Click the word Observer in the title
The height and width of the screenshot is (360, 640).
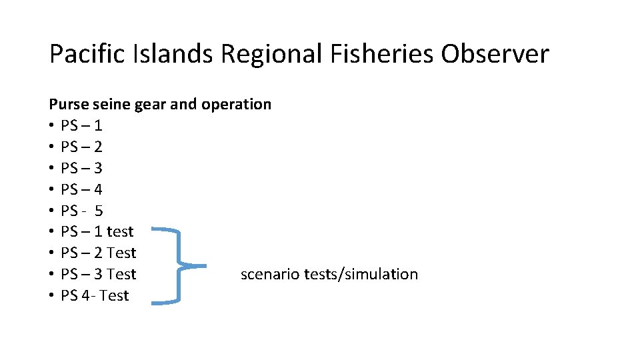pyautogui.click(x=495, y=54)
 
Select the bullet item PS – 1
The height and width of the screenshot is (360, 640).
pyautogui.click(x=81, y=125)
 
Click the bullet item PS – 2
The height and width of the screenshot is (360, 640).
pyautogui.click(x=81, y=147)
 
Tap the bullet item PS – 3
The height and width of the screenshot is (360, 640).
pyautogui.click(x=81, y=168)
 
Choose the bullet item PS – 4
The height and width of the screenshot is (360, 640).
pyautogui.click(x=81, y=189)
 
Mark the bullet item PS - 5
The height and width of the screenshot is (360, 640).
pyautogui.click(x=81, y=211)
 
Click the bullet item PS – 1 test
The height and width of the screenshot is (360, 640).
pyautogui.click(x=97, y=232)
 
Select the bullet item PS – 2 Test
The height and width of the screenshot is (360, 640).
pyautogui.click(x=98, y=253)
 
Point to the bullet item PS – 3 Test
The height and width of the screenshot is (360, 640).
pyautogui.click(x=98, y=275)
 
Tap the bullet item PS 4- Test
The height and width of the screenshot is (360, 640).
pyautogui.click(x=95, y=296)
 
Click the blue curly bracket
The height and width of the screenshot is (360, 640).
pyautogui.click(x=179, y=266)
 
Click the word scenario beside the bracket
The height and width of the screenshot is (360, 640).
pyautogui.click(x=269, y=275)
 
